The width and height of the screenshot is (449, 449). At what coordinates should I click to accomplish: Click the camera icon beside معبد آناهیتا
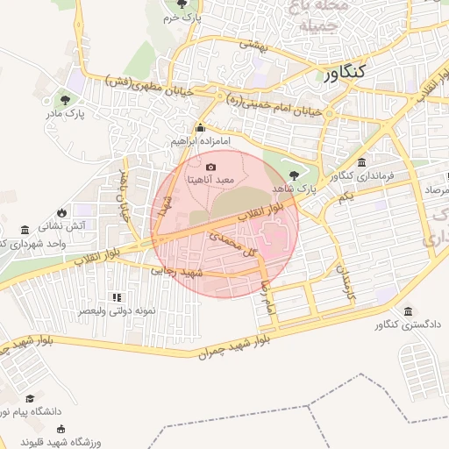click(210, 167)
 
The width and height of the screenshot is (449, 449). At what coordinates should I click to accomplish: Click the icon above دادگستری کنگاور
click(408, 311)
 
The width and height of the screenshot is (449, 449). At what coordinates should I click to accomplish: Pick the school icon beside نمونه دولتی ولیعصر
click(116, 299)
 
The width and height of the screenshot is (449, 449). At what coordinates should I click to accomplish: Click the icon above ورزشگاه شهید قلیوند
click(61, 429)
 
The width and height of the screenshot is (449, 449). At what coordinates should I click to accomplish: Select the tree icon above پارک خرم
click(182, 4)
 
